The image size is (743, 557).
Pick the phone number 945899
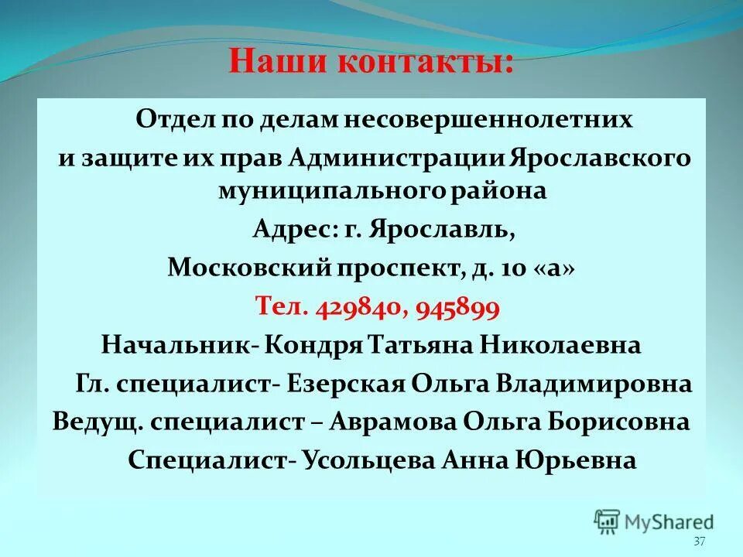(x=457, y=307)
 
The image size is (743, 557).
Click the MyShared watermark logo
(x=654, y=522)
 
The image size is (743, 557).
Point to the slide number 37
(x=700, y=542)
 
